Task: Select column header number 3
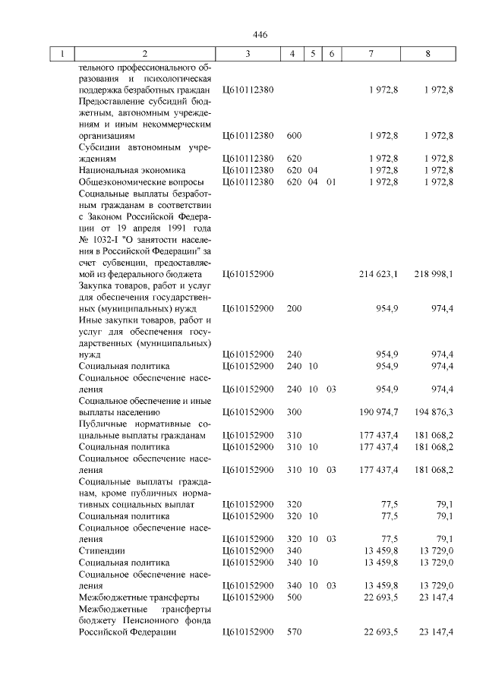pos(248,55)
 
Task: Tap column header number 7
pos(371,55)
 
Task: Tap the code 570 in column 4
pos(295,632)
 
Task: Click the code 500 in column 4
pos(295,598)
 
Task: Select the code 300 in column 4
pos(295,412)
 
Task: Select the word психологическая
pos(172,78)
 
